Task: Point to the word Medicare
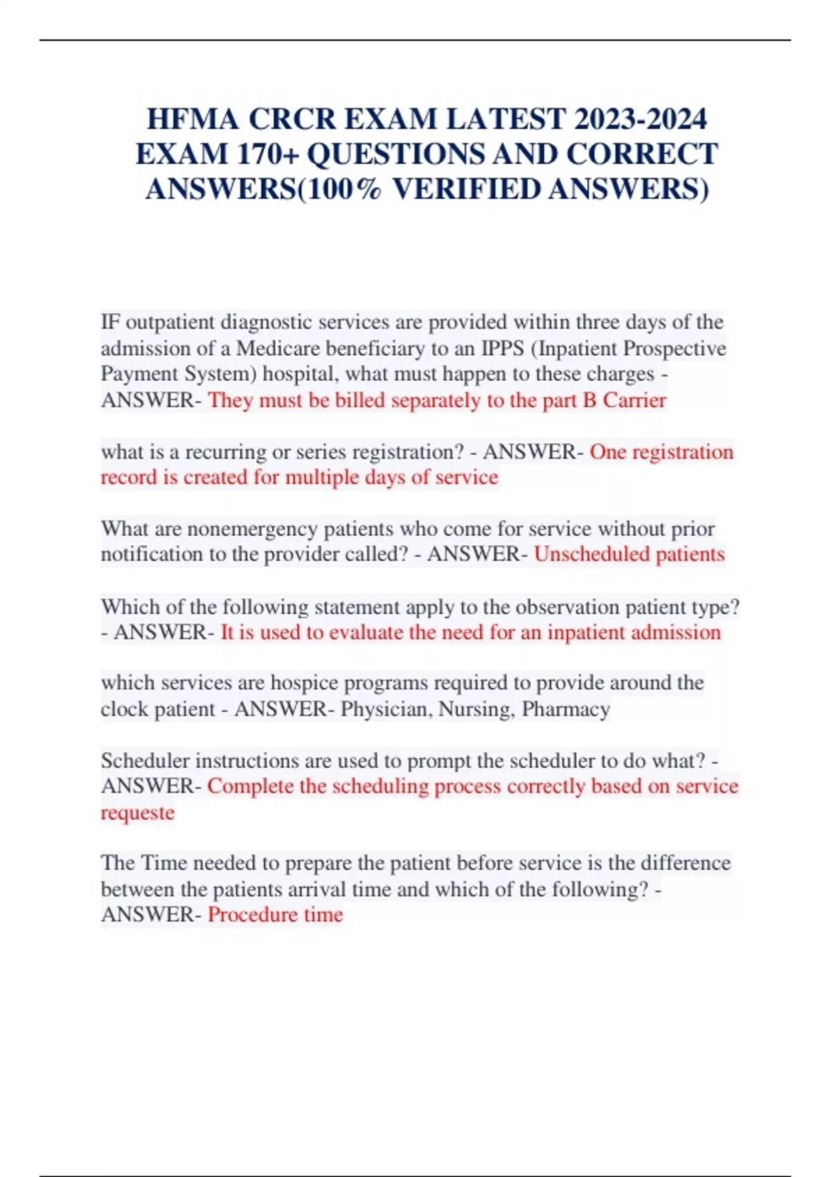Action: pyautogui.click(x=278, y=348)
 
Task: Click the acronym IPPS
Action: pyautogui.click(x=503, y=348)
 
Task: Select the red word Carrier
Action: pyautogui.click(x=634, y=400)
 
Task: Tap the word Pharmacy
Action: pyautogui.click(x=566, y=709)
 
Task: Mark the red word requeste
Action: pyautogui.click(x=137, y=812)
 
